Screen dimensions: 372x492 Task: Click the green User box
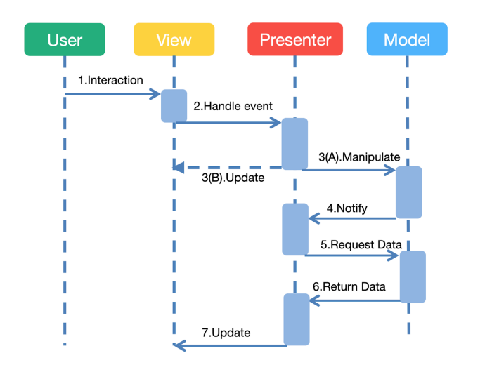[65, 39]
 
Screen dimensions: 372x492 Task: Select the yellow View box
[174, 39]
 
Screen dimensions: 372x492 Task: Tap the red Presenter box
[295, 39]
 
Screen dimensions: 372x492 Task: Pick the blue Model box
[407, 39]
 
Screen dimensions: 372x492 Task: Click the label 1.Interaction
[110, 80]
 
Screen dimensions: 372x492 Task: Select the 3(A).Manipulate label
[358, 158]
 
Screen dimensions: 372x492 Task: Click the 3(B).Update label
[233, 178]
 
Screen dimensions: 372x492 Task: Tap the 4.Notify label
[347, 208]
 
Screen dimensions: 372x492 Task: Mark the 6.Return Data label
[349, 287]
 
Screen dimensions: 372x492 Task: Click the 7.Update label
[226, 333]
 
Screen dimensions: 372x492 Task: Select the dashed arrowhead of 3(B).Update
[179, 168]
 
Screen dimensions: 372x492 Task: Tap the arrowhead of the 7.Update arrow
[179, 344]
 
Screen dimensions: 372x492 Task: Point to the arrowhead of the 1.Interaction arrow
[157, 94]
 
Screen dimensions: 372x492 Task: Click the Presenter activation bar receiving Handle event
[295, 144]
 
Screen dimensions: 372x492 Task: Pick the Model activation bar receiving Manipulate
[408, 192]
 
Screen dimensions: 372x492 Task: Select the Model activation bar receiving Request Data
[413, 277]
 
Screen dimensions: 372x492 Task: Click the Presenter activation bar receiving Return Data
[296, 319]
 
